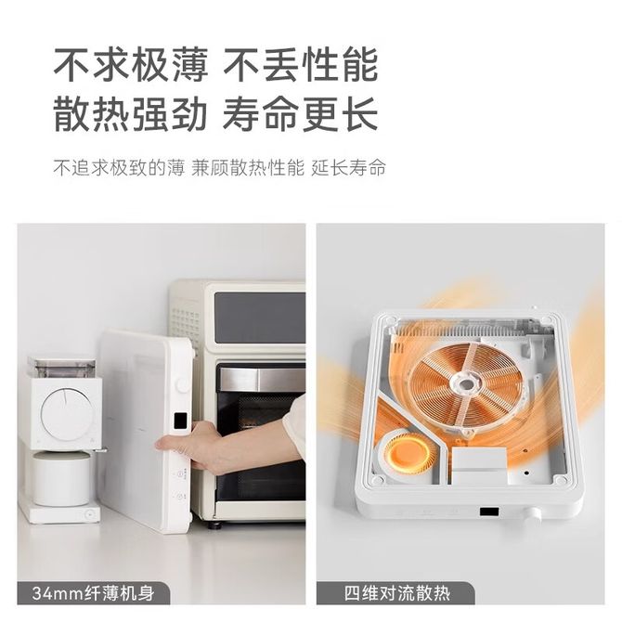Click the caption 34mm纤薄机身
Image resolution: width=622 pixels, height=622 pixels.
(x=93, y=593)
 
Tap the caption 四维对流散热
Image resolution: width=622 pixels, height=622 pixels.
(x=397, y=593)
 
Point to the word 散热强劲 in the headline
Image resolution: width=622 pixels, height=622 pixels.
(x=131, y=114)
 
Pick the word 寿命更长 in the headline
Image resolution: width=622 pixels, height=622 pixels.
(x=300, y=114)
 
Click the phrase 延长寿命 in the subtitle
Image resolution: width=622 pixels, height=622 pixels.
(x=348, y=168)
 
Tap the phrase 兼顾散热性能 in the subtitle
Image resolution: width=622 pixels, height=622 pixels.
(x=248, y=168)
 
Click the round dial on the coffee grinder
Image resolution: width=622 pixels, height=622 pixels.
(x=68, y=413)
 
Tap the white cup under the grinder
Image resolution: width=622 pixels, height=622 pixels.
(x=61, y=478)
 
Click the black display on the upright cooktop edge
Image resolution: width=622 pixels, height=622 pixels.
(x=180, y=421)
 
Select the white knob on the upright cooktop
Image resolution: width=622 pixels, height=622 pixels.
(x=183, y=385)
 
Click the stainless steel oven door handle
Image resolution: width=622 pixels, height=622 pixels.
(x=262, y=379)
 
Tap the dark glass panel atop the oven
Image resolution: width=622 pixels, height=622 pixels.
(x=260, y=317)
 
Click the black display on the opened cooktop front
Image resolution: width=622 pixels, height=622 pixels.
(x=489, y=512)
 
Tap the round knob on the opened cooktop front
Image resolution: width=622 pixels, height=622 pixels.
(x=532, y=514)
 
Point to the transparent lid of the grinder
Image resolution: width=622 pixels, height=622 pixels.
(x=61, y=367)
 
